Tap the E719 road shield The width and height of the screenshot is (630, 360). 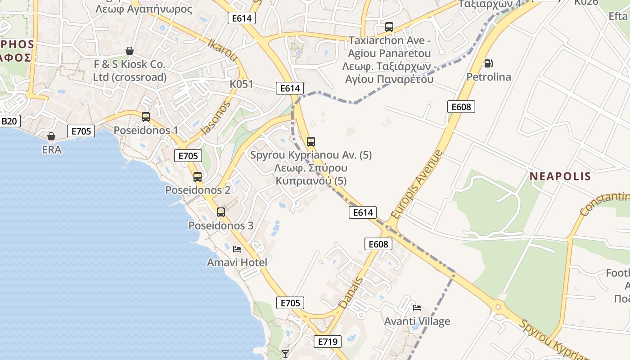click(x=327, y=342)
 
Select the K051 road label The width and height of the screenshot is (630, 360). click(x=241, y=84)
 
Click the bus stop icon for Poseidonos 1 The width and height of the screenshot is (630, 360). click(x=146, y=117)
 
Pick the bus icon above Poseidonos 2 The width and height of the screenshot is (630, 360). click(x=198, y=177)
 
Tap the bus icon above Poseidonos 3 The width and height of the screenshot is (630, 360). click(x=221, y=212)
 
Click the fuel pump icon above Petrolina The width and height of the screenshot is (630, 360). click(x=488, y=63)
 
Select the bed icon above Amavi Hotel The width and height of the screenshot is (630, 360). click(x=237, y=249)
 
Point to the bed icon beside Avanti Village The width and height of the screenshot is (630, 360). click(x=417, y=308)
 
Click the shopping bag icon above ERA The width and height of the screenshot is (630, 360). click(x=52, y=136)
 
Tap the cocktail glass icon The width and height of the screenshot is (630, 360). click(x=285, y=354)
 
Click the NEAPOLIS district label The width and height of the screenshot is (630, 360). click(x=560, y=176)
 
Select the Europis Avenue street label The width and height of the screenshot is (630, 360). click(x=417, y=185)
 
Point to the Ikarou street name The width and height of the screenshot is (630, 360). click(x=222, y=49)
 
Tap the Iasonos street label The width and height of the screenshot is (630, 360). click(x=216, y=118)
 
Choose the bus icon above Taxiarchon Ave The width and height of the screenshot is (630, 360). click(x=389, y=27)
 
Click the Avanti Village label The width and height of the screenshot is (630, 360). click(x=417, y=321)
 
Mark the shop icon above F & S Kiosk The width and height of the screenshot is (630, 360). click(x=130, y=51)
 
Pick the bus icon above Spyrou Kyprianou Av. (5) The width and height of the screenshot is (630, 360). click(x=311, y=142)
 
